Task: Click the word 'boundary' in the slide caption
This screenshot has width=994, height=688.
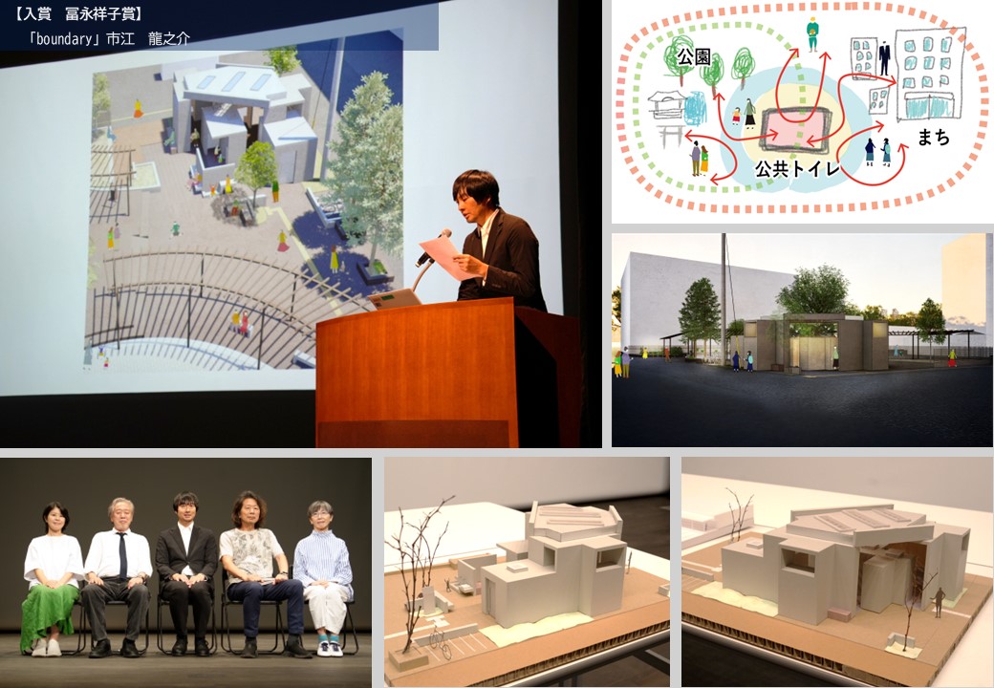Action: click(64, 38)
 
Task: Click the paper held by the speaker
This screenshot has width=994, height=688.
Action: click(447, 257)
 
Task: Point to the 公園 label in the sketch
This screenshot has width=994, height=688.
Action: click(694, 57)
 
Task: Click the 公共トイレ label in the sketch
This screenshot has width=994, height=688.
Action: click(797, 168)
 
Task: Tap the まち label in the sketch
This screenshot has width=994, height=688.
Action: click(933, 137)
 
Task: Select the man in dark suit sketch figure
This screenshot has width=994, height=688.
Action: click(884, 57)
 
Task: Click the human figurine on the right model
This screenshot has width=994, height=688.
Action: click(939, 601)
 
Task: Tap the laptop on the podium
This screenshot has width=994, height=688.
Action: click(395, 298)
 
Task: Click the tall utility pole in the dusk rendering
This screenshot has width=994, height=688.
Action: click(724, 299)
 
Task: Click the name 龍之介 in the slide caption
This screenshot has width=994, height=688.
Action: click(168, 38)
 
